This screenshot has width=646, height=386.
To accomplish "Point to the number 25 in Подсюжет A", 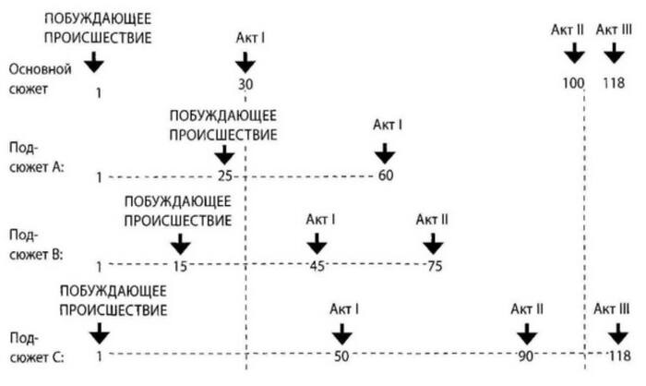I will (x=224, y=175).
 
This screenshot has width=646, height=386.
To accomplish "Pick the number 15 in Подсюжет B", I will (x=181, y=266).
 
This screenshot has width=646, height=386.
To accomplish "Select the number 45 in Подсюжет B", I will (x=317, y=266).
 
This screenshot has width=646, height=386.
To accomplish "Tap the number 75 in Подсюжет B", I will (x=433, y=266).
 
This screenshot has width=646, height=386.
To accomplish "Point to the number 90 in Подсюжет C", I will (x=526, y=355).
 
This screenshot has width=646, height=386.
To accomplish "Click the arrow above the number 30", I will (x=245, y=63).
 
